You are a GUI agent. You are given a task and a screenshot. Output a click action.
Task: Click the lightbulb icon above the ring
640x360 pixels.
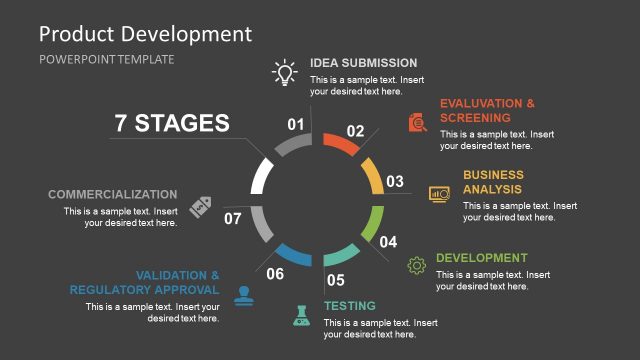click(x=286, y=73)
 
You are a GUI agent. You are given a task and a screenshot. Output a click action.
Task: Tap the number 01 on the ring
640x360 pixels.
click(x=296, y=125)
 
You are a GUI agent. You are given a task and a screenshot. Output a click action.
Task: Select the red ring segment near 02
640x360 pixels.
click(x=343, y=144)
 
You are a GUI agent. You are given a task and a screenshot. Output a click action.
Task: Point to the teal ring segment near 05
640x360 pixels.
click(x=342, y=252)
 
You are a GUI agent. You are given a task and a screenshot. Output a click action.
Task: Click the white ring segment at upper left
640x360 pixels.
click(x=260, y=176)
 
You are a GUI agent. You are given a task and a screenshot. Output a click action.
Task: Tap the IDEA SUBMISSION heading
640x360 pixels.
click(x=363, y=62)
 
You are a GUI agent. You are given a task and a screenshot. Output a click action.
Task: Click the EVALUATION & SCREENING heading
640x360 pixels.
click(x=487, y=110)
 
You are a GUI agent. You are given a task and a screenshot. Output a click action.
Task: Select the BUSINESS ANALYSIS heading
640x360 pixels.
click(x=493, y=182)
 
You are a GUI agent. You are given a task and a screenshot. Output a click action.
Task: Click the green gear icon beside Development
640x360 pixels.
click(x=417, y=265)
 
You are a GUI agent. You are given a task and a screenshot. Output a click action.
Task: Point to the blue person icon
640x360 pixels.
click(x=243, y=295)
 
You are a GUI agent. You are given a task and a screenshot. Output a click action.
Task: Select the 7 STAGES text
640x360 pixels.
click(x=172, y=123)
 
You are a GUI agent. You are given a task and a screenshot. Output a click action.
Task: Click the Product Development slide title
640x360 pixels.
click(x=145, y=33)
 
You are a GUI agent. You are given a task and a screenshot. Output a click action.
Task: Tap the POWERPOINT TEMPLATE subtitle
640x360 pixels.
click(x=106, y=59)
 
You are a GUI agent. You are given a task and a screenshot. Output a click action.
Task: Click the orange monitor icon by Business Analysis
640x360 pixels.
click(x=440, y=194)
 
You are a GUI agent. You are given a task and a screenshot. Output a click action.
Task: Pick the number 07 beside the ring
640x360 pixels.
click(x=232, y=218)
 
